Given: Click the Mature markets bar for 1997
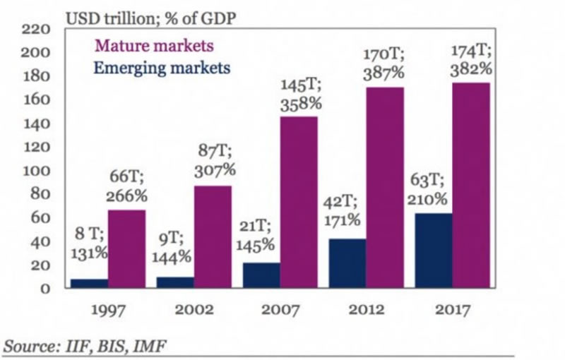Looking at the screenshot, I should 126,248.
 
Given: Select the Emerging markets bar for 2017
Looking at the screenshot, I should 434,251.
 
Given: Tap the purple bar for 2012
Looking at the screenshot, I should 385,187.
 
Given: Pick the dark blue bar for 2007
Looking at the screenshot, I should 261,275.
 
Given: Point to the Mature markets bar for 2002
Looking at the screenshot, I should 213,236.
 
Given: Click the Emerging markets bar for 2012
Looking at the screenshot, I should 347,263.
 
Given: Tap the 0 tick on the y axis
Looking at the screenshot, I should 45,289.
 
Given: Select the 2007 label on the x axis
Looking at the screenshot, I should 280,311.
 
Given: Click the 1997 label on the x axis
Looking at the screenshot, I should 108,311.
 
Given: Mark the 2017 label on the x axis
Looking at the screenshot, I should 453,311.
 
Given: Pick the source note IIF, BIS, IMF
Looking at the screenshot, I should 88,346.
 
